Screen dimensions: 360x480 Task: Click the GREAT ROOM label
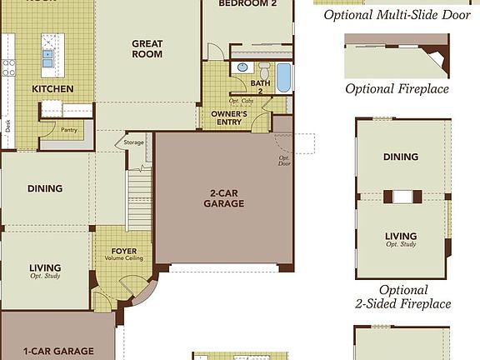(147, 48)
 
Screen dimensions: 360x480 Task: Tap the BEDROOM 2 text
(248, 4)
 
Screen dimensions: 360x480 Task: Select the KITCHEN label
(52, 88)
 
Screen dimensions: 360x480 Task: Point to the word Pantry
(69, 130)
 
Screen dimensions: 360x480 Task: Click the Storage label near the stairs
(134, 142)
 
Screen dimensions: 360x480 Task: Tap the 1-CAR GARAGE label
(57, 351)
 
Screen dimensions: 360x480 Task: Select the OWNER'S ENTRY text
(229, 117)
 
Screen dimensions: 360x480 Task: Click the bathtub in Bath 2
(283, 77)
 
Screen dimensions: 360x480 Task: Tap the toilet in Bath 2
(264, 69)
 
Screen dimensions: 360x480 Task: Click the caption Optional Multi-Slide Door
(397, 14)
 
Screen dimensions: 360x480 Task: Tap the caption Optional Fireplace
(397, 88)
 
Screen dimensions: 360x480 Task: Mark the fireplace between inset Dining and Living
(402, 197)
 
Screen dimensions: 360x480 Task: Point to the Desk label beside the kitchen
(7, 125)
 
